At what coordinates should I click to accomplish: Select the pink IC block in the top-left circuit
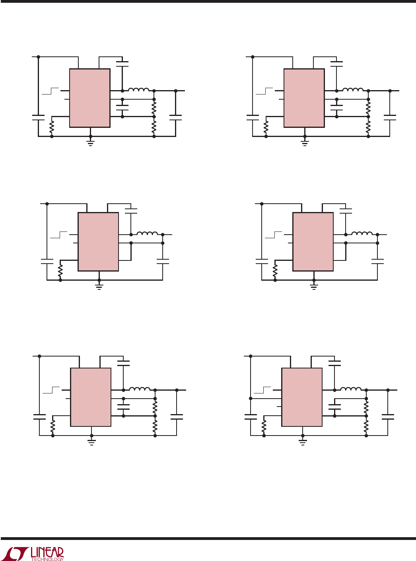coord(90,98)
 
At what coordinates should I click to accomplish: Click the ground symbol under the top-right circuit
coord(305,143)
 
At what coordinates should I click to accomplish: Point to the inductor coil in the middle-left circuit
coord(147,233)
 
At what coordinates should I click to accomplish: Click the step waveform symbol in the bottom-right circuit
coord(262,390)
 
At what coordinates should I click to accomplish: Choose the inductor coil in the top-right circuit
coord(353,89)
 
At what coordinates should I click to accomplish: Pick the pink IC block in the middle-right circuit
coord(313,241)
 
